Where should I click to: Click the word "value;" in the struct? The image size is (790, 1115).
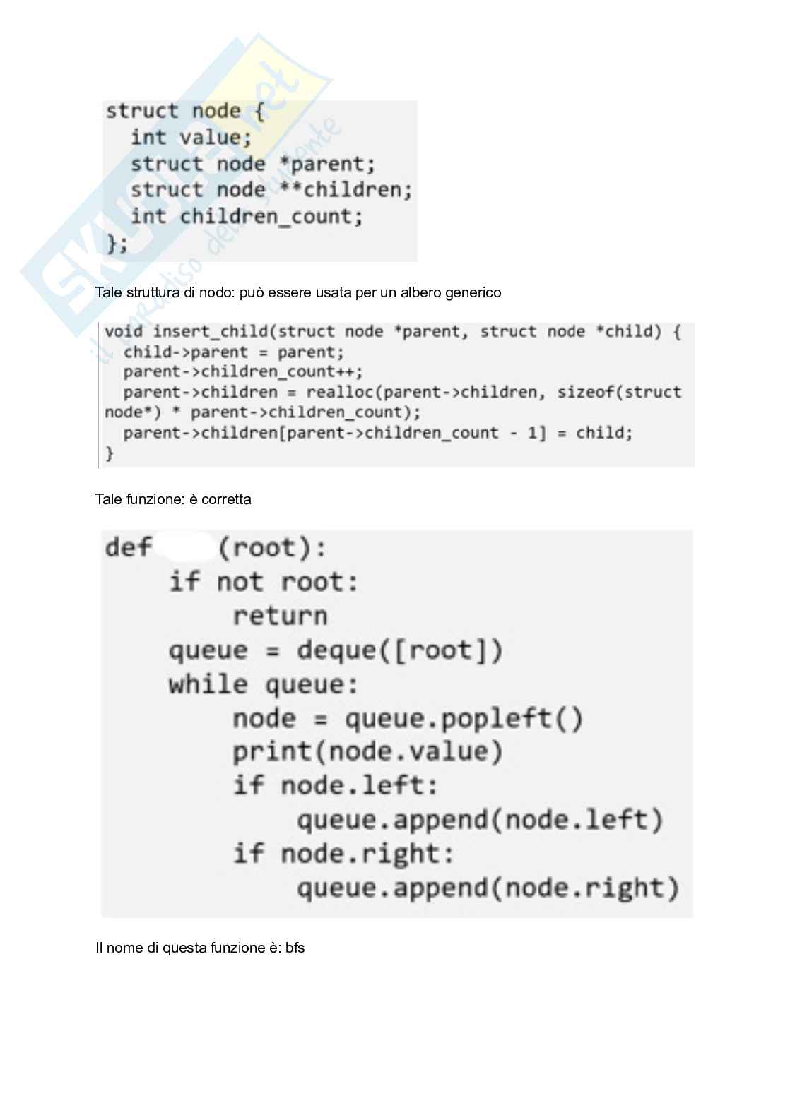(216, 137)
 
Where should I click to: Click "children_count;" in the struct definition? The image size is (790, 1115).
(271, 216)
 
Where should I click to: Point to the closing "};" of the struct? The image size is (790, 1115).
(117, 244)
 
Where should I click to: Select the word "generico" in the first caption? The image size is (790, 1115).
(473, 292)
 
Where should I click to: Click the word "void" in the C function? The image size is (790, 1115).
(124, 332)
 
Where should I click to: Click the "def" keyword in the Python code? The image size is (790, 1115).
(129, 548)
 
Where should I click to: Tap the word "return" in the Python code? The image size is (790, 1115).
(280, 616)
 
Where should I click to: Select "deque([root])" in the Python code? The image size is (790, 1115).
(399, 650)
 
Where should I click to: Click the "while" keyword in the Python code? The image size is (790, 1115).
(208, 684)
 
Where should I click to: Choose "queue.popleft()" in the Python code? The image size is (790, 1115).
(464, 719)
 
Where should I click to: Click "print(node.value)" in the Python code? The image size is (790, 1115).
(367, 752)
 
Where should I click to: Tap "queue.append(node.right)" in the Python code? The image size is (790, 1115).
(488, 888)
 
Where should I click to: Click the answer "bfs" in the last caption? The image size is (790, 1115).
(295, 948)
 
